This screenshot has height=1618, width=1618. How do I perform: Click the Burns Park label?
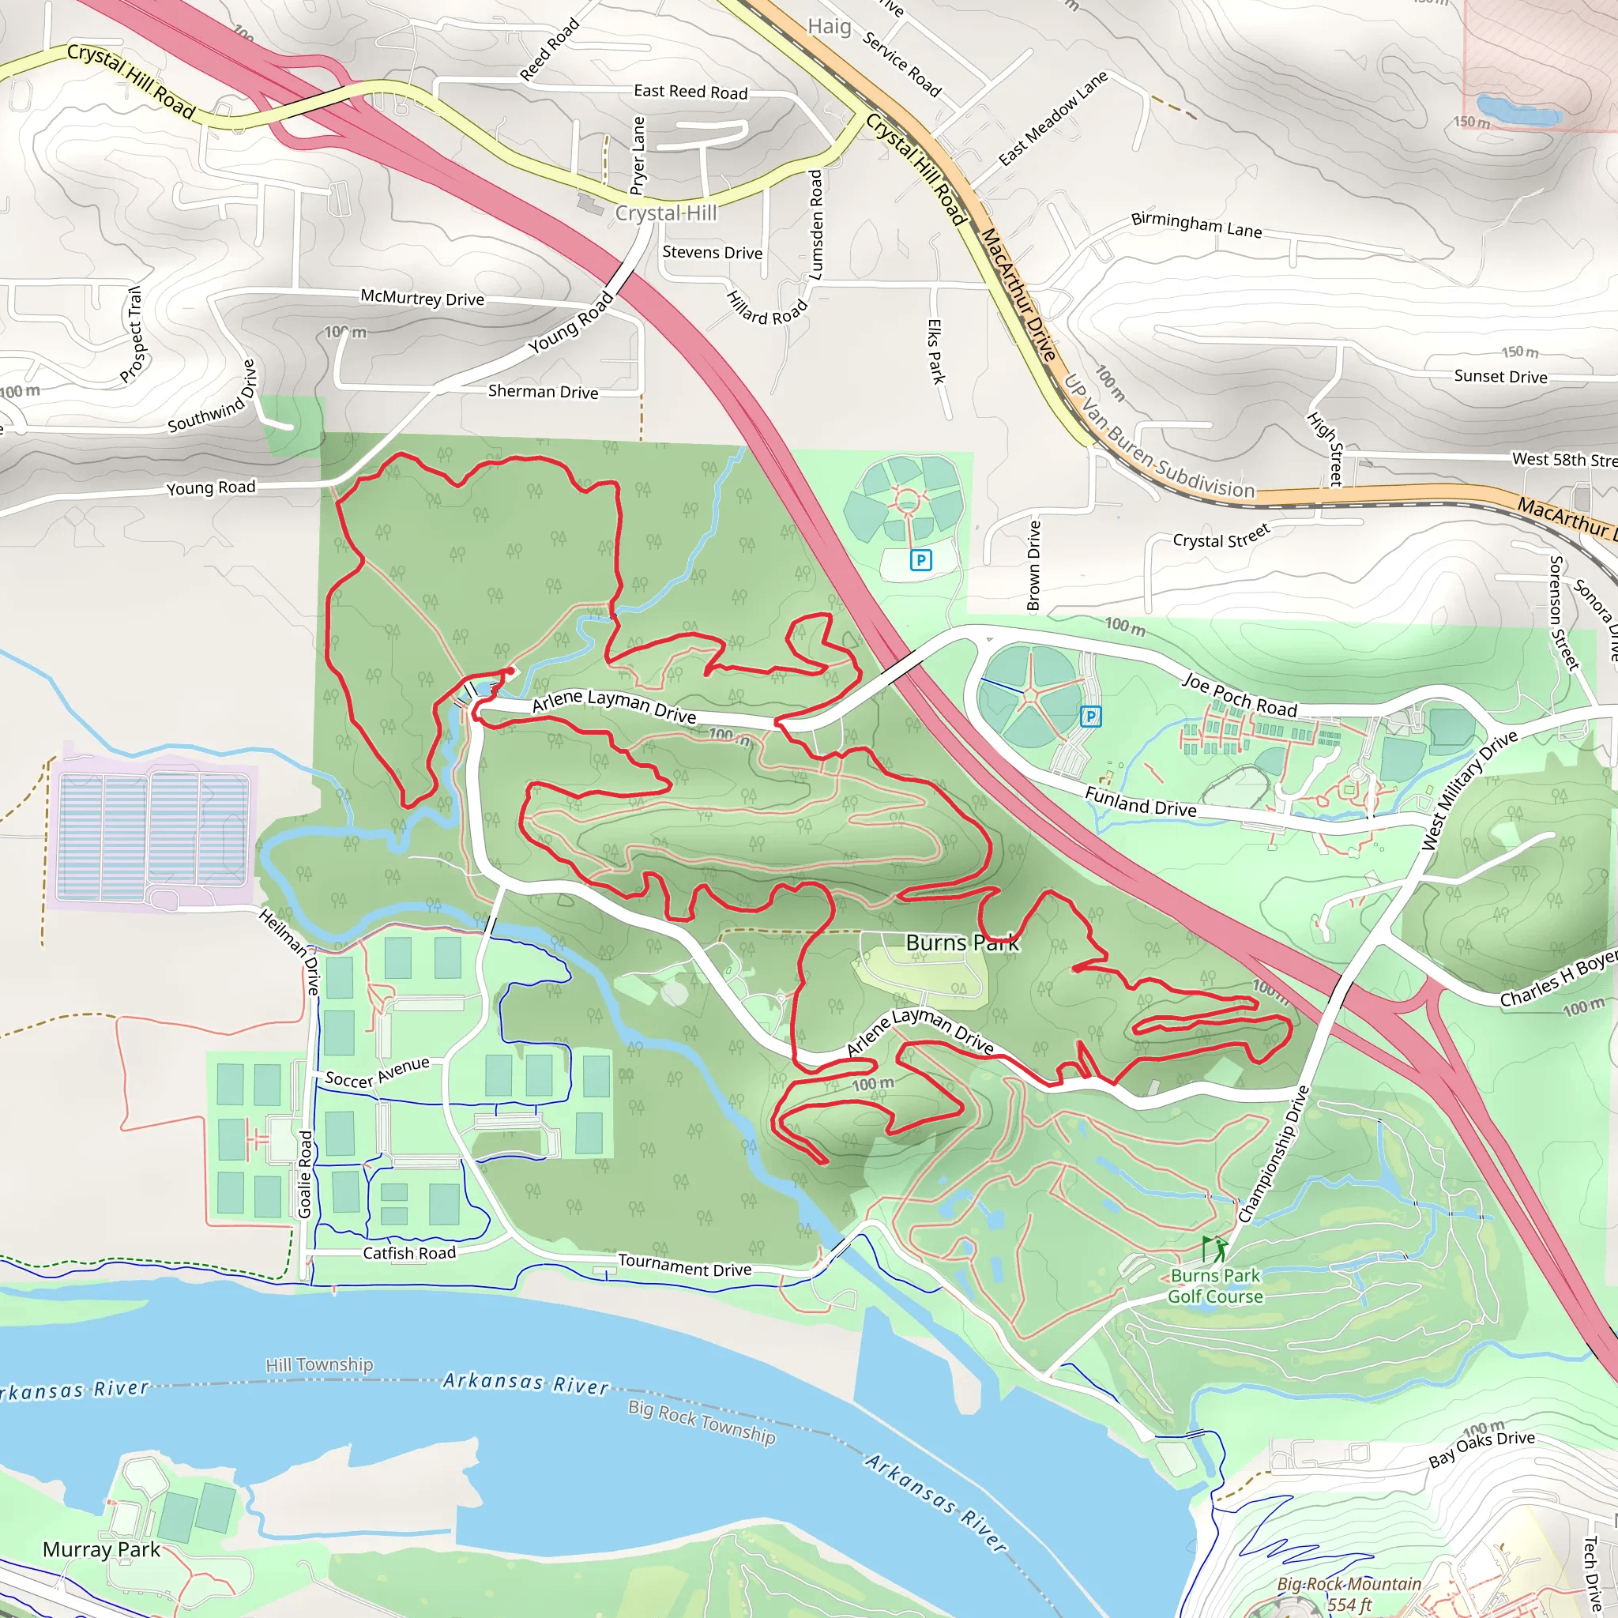(962, 943)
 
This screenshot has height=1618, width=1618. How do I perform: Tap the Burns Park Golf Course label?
(1215, 1286)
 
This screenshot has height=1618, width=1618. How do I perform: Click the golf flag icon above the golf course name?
(1214, 1249)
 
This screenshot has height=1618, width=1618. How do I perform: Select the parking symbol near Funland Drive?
(1089, 716)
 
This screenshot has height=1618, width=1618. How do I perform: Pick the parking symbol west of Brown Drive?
(920, 560)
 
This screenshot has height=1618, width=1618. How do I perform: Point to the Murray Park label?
(101, 1549)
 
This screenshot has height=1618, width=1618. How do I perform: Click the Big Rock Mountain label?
(1349, 1585)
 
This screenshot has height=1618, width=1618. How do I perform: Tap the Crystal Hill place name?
(666, 213)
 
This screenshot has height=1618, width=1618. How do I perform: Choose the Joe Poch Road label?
(1239, 696)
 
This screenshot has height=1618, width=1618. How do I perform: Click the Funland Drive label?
(1140, 803)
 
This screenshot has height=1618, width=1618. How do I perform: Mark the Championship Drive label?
(1272, 1155)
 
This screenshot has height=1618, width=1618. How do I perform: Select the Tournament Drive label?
(684, 1265)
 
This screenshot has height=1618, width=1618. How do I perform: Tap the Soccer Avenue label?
(377, 1072)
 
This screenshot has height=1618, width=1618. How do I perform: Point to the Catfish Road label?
(408, 1253)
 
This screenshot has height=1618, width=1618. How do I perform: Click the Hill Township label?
(319, 1365)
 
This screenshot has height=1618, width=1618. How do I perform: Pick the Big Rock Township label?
(702, 1422)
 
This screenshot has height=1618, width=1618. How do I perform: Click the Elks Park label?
(935, 351)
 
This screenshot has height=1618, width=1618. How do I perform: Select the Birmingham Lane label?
(1196, 224)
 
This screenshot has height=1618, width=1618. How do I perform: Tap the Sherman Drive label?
(543, 391)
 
